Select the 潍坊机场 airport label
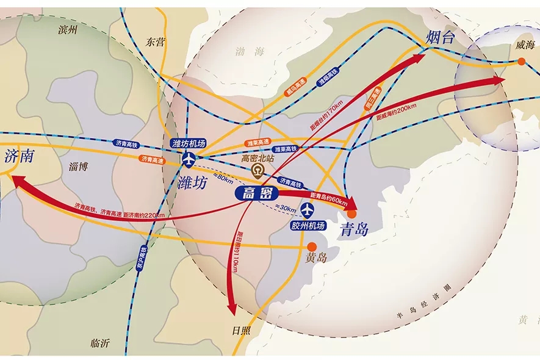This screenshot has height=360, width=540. [x=189, y=143]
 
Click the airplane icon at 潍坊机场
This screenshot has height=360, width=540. [x=189, y=159]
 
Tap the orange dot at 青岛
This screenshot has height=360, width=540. [x=352, y=214]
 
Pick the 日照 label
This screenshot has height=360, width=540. [x=242, y=331]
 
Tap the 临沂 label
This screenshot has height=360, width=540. [x=100, y=343]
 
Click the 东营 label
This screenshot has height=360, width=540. [x=156, y=41]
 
